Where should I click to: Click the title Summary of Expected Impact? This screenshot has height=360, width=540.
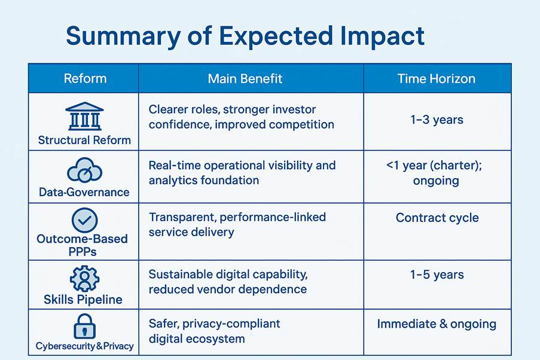(245, 36)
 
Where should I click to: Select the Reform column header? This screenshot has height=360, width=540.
(85, 78)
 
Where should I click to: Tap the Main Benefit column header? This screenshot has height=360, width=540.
(245, 78)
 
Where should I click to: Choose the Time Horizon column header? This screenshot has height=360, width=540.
(437, 78)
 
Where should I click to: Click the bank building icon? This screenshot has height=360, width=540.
(84, 116)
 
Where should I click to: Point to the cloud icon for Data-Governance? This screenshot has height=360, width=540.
(84, 170)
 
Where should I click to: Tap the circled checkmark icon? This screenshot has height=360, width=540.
(84, 219)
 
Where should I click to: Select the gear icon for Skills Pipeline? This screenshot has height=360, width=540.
(84, 278)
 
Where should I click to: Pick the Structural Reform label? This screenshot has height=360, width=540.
(84, 141)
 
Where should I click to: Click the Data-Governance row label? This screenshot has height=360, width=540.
(84, 192)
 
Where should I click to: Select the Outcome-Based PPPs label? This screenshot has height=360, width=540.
(83, 245)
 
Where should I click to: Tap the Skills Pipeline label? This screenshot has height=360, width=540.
(84, 299)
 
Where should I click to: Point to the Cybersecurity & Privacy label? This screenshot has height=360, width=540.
(84, 346)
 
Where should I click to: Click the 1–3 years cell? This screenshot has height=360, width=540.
(437, 120)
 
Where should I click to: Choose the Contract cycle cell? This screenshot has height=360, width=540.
(437, 217)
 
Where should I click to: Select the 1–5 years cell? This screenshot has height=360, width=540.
(437, 275)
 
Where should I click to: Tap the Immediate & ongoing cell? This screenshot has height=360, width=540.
(437, 324)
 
